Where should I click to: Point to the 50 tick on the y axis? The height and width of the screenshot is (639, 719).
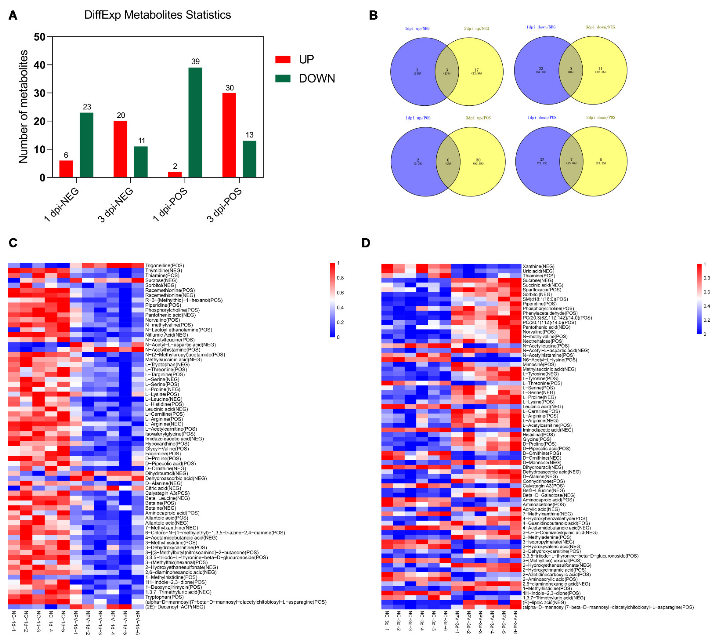click(39, 37)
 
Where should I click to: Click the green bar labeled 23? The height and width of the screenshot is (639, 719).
click(86, 145)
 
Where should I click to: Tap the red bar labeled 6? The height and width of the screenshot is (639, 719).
click(66, 169)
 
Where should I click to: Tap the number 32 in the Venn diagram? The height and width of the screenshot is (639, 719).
click(542, 160)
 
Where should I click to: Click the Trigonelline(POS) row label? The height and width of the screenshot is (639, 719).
click(164, 266)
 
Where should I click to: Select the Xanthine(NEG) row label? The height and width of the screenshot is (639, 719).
click(538, 267)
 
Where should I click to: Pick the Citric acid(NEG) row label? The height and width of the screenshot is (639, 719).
click(163, 488)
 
